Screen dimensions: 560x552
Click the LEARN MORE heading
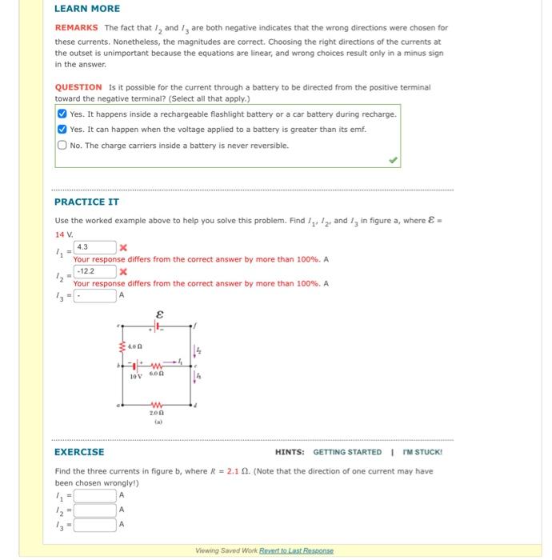(87, 9)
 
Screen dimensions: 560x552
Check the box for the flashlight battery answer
(62, 114)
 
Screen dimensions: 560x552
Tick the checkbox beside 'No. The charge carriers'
(62, 145)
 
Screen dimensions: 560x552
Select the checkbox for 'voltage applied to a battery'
(62, 130)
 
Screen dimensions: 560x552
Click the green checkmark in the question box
(392, 160)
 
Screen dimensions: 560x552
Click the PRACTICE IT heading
(86, 202)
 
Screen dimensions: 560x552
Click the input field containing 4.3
(95, 247)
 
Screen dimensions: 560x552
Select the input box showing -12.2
(95, 271)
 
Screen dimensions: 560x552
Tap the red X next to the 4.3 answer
(123, 248)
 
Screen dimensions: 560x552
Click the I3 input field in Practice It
(95, 295)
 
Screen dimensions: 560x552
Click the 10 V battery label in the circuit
(136, 375)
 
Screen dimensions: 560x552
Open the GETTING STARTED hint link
(347, 452)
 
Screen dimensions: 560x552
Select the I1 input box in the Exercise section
(95, 494)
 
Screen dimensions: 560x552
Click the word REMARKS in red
(76, 28)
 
